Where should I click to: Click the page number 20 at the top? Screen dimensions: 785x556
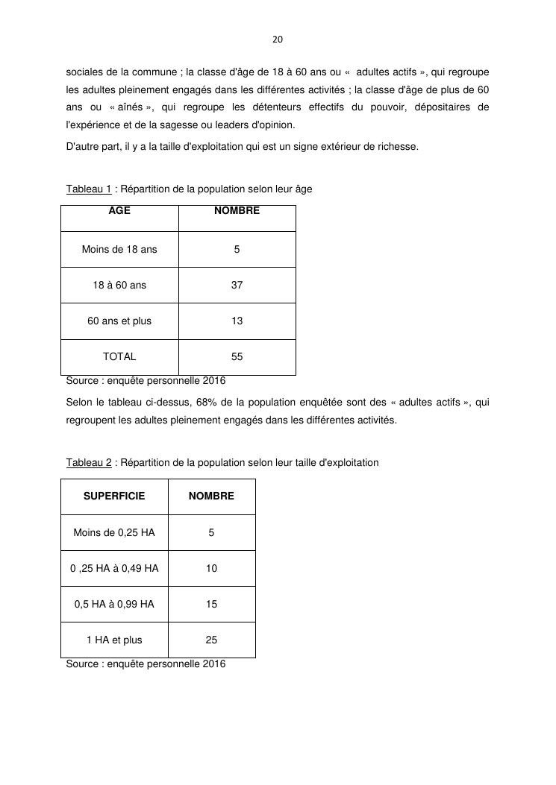pyautogui.click(x=278, y=39)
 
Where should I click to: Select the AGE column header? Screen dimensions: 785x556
pyautogui.click(x=119, y=211)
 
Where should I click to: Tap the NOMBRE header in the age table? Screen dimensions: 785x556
pyautogui.click(x=237, y=211)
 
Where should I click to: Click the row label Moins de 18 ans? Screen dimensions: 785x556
pyautogui.click(x=119, y=250)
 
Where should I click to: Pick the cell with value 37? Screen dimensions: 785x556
pyautogui.click(x=237, y=286)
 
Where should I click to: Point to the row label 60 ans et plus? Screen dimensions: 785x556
pyautogui.click(x=119, y=321)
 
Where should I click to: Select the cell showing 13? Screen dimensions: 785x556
pyautogui.click(x=237, y=321)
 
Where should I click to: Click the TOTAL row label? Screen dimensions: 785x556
pyautogui.click(x=119, y=357)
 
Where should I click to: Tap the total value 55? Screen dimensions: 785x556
pyautogui.click(x=237, y=357)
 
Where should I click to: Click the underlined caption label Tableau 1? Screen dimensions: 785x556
pyautogui.click(x=89, y=189)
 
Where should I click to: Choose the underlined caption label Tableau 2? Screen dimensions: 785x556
pyautogui.click(x=89, y=463)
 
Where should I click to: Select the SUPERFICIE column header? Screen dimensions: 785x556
pyautogui.click(x=114, y=496)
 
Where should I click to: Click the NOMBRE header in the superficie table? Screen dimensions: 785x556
pyautogui.click(x=211, y=496)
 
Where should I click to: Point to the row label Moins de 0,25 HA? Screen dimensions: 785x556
pyautogui.click(x=114, y=533)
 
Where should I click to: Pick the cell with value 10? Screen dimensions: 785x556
pyautogui.click(x=211, y=569)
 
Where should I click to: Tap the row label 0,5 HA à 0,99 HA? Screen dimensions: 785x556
pyautogui.click(x=114, y=605)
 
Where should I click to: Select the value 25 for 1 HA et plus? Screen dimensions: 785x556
pyautogui.click(x=211, y=640)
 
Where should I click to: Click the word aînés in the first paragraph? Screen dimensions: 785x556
pyautogui.click(x=129, y=107)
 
